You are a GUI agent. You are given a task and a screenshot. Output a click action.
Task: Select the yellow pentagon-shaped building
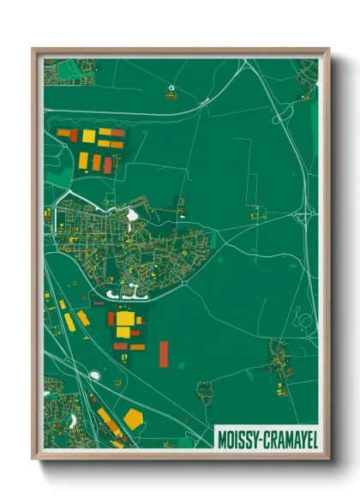click(132, 418)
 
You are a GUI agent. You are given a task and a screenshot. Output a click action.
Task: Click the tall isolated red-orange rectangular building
click(164, 353)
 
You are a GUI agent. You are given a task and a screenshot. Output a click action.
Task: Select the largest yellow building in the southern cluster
click(125, 319)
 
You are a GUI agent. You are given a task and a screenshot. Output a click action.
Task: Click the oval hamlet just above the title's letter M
click(204, 393)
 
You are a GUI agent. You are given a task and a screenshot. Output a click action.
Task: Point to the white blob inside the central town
click(131, 215)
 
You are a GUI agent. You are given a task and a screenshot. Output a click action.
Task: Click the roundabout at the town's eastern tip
click(183, 281)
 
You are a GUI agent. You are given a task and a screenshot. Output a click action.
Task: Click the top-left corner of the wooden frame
click(34, 50)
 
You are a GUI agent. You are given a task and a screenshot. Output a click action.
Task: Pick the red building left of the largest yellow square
click(111, 319)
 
